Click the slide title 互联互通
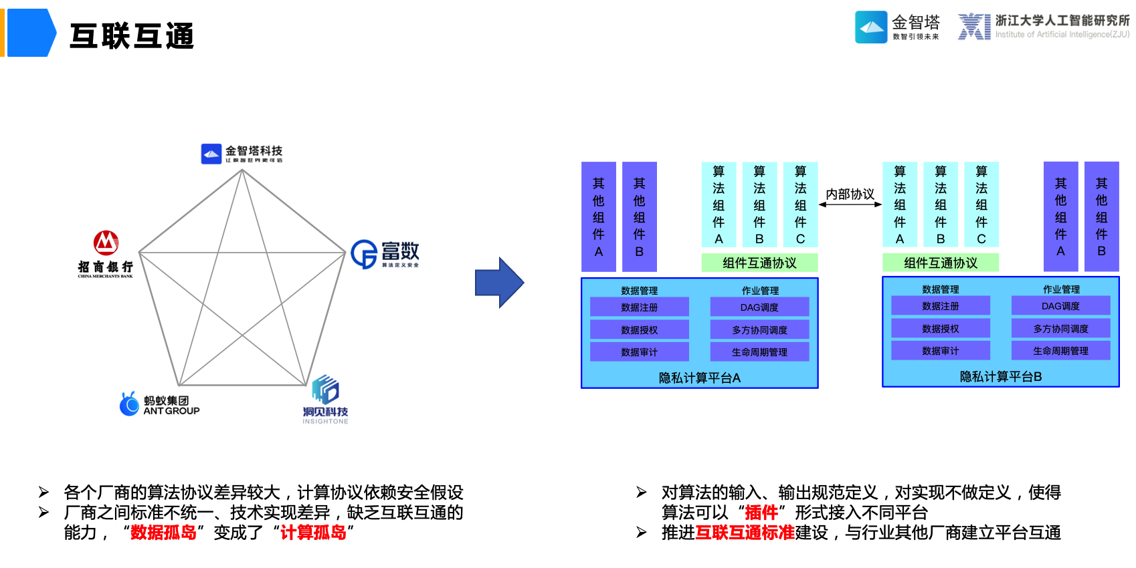coord(132,36)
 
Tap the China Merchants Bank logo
coord(106,253)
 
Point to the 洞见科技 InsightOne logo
coord(325,400)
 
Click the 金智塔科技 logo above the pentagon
coord(242,154)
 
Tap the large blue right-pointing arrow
coord(499,282)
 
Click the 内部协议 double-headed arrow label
coord(850,194)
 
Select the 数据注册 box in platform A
coord(639,307)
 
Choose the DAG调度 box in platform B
coord(1060,306)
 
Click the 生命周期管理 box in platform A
coord(759,352)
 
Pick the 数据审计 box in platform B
coord(940,351)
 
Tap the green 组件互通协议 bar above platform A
coord(759,263)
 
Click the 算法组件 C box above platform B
coord(981,204)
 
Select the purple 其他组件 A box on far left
coord(599,217)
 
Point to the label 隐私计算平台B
coord(1001,377)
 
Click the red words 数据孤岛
coord(163,533)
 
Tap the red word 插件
coord(761,513)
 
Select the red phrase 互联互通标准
coord(745,533)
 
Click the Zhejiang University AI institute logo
coord(1042,27)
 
